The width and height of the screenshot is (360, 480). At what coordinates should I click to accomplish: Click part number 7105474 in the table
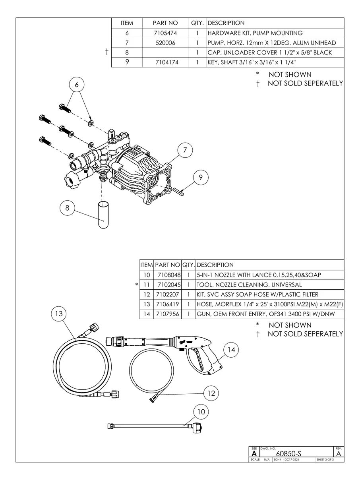click(x=165, y=33)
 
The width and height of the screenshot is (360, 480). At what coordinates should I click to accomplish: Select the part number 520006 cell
click(x=165, y=43)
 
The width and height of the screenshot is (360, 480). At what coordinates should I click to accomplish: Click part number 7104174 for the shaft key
click(x=167, y=62)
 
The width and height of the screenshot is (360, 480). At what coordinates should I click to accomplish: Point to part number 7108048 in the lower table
click(x=169, y=275)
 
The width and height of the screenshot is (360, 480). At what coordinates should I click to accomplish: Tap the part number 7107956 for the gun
click(x=167, y=314)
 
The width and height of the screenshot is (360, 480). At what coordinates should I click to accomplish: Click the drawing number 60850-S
click(x=288, y=453)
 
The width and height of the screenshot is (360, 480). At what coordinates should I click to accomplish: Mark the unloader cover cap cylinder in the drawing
click(x=103, y=215)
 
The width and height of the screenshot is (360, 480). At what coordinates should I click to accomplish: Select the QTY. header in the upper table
click(x=197, y=23)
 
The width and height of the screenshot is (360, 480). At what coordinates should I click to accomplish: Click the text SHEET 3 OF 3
click(x=325, y=460)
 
